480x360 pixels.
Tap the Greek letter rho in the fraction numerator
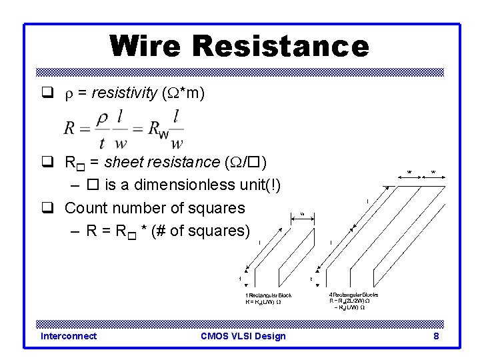click(102, 118)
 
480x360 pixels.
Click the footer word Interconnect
click(68, 336)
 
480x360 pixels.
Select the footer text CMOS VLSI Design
click(243, 336)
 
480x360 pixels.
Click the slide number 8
click(436, 336)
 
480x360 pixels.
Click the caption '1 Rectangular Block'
click(269, 295)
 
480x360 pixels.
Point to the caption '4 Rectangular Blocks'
click(353, 295)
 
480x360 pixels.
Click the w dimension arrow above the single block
click(302, 215)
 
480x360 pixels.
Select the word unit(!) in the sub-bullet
click(261, 185)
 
